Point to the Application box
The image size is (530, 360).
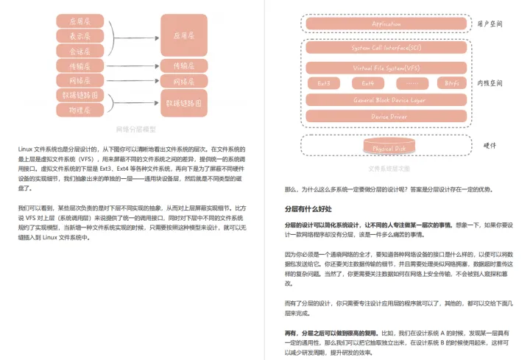pyautogui.click(x=387, y=24)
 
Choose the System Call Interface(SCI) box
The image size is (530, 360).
pyautogui.click(x=386, y=49)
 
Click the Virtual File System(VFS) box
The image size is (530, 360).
pyautogui.click(x=386, y=68)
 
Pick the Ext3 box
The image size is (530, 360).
pyautogui.click(x=324, y=83)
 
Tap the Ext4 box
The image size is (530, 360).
pyautogui.click(x=367, y=83)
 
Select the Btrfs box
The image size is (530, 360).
pyautogui.click(x=451, y=83)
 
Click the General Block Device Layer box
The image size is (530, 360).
pyautogui.click(x=386, y=99)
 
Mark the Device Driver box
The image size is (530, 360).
pyautogui.click(x=386, y=116)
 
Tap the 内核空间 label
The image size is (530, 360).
pyautogui.click(x=492, y=83)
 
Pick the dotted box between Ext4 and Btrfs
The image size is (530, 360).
pyautogui.click(x=409, y=83)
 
